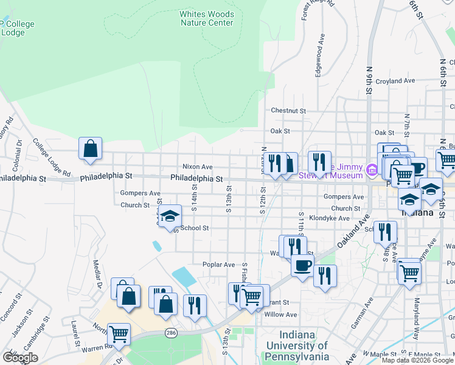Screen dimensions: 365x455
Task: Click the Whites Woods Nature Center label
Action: point(206,18)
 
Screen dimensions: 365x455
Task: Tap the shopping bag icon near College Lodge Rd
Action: point(90,148)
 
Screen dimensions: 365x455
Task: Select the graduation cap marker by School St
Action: point(170,215)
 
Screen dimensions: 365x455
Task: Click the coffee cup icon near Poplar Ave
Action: point(302,265)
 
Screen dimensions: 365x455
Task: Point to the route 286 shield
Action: point(171,333)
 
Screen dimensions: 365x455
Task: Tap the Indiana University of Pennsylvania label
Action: point(297,346)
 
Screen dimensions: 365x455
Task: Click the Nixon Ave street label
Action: point(198,166)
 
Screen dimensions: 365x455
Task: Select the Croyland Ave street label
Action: point(395,80)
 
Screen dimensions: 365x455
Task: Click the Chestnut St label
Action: point(288,111)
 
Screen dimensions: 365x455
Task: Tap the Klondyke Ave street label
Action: point(329,217)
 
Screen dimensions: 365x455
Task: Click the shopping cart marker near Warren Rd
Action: point(119,333)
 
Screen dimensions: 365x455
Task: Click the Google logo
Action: point(20,358)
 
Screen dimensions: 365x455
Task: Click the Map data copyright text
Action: point(417,360)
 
